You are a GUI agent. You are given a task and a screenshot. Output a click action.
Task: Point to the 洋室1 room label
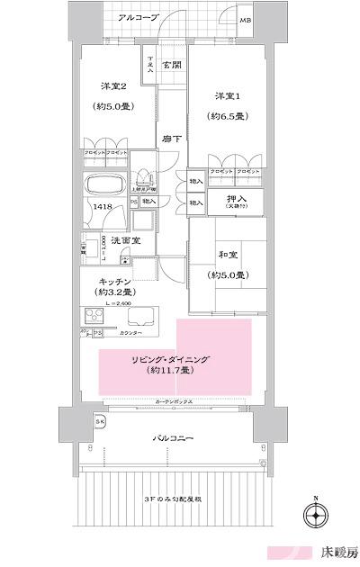226,95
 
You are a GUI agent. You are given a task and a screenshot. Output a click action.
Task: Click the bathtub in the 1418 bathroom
108,187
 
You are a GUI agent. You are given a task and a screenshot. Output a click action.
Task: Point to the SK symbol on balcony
99,422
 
